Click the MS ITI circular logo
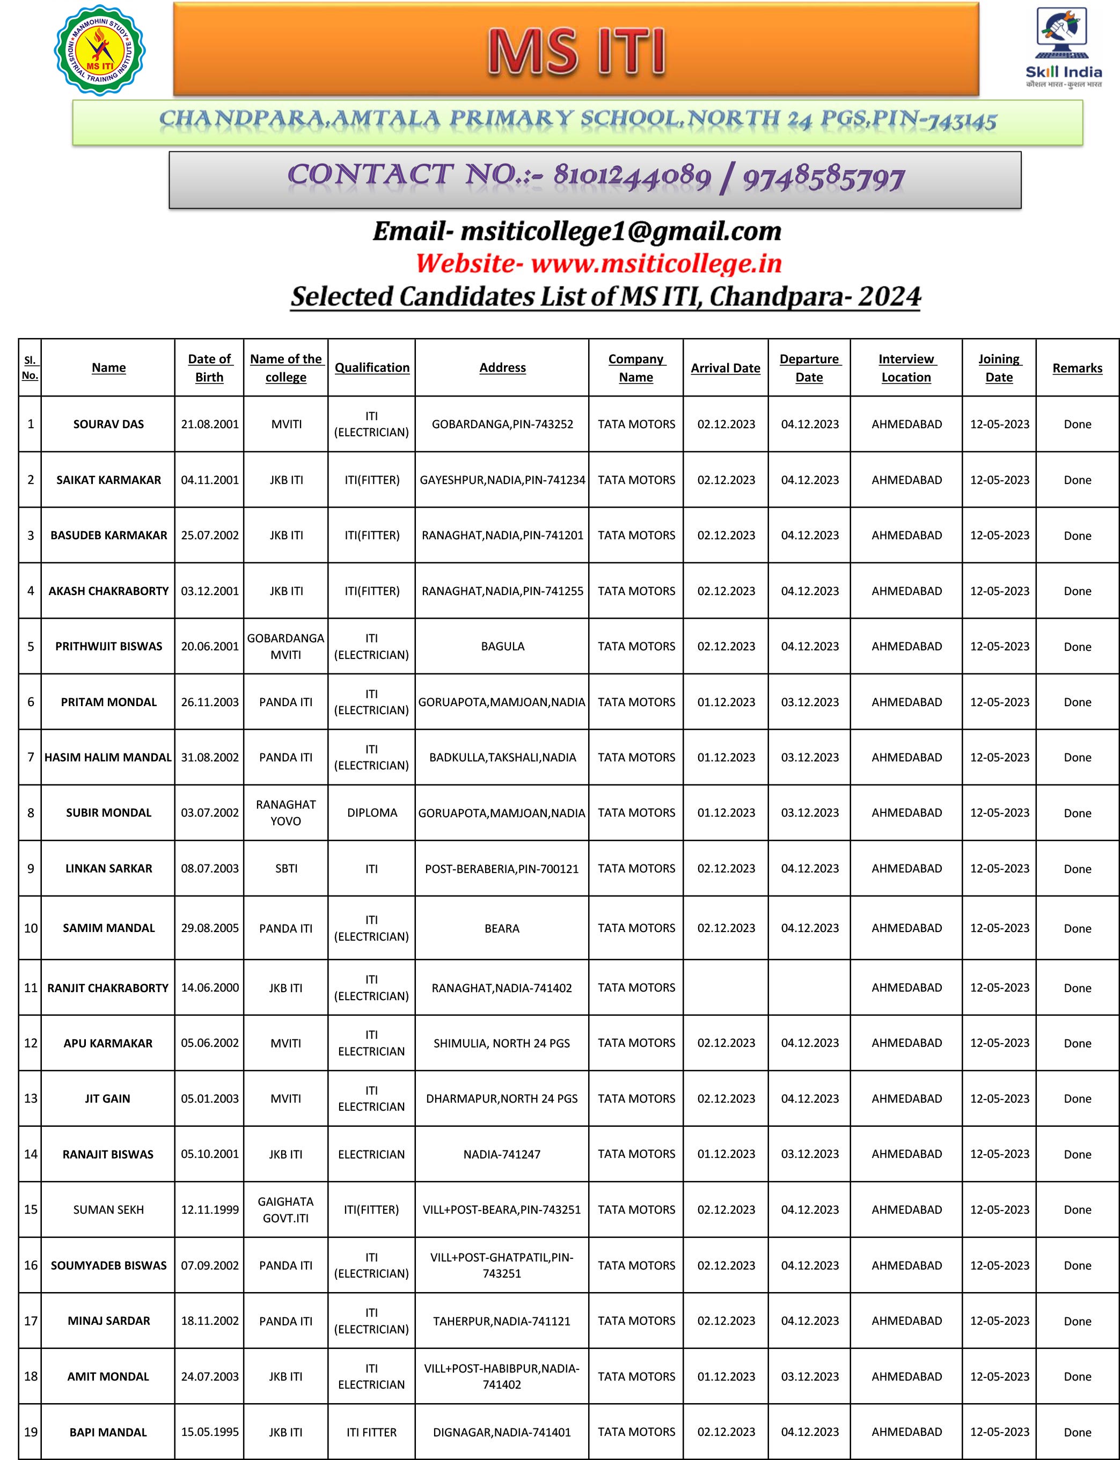[x=99, y=50]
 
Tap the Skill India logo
[x=1063, y=47]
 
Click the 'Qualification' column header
[x=372, y=368]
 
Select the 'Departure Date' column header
[x=809, y=368]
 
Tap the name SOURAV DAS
[x=108, y=424]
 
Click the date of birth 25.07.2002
[x=209, y=535]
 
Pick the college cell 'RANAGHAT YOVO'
[x=286, y=813]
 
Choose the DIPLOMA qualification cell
[x=372, y=813]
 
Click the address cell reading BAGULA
[x=503, y=647]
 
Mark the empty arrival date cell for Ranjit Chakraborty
[x=726, y=987]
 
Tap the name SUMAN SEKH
[x=108, y=1209]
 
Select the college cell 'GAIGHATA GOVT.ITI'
[x=286, y=1209]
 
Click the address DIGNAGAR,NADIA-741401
[x=502, y=1432]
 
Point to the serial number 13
[x=31, y=1098]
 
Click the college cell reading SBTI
[x=286, y=868]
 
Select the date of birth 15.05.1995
[x=209, y=1432]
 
